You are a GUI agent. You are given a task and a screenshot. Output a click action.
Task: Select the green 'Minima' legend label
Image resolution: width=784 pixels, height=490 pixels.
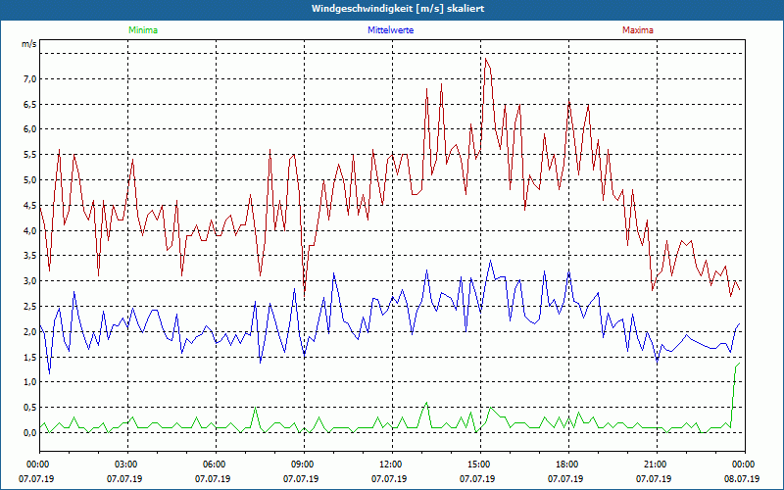142,30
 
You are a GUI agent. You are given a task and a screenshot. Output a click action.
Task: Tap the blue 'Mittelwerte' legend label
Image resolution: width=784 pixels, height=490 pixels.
391,30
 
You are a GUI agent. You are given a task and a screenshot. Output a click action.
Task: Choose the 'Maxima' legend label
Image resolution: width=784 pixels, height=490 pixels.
637,30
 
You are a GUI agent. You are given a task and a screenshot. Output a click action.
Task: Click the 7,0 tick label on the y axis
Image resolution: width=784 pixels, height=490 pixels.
29,78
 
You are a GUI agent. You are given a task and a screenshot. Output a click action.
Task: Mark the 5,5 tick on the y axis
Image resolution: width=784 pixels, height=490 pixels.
29,155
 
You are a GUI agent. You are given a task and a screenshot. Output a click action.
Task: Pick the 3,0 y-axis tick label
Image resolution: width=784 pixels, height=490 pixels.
29,281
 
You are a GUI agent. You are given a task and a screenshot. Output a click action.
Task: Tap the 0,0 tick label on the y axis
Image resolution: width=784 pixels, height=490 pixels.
29,432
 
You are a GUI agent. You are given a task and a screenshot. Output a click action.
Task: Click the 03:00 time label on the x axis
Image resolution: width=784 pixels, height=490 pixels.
126,465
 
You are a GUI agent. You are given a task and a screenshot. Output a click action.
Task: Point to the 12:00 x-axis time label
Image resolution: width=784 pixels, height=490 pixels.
391,465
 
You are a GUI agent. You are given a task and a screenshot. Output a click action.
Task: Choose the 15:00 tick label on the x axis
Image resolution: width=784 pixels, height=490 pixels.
479,465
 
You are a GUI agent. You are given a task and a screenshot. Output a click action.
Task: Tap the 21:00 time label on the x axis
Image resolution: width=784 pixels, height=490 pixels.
656,465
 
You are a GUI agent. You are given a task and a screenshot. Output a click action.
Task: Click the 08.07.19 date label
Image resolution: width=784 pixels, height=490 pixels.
743,479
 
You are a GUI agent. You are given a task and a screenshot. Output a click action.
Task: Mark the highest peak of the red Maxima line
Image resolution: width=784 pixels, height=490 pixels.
485,59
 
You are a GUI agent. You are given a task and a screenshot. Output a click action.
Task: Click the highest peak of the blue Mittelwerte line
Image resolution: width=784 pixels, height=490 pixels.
490,261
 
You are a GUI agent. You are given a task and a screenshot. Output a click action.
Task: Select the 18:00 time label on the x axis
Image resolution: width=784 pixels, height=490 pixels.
567,465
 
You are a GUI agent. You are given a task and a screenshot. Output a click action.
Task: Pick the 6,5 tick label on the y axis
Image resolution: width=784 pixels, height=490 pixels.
29,104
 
